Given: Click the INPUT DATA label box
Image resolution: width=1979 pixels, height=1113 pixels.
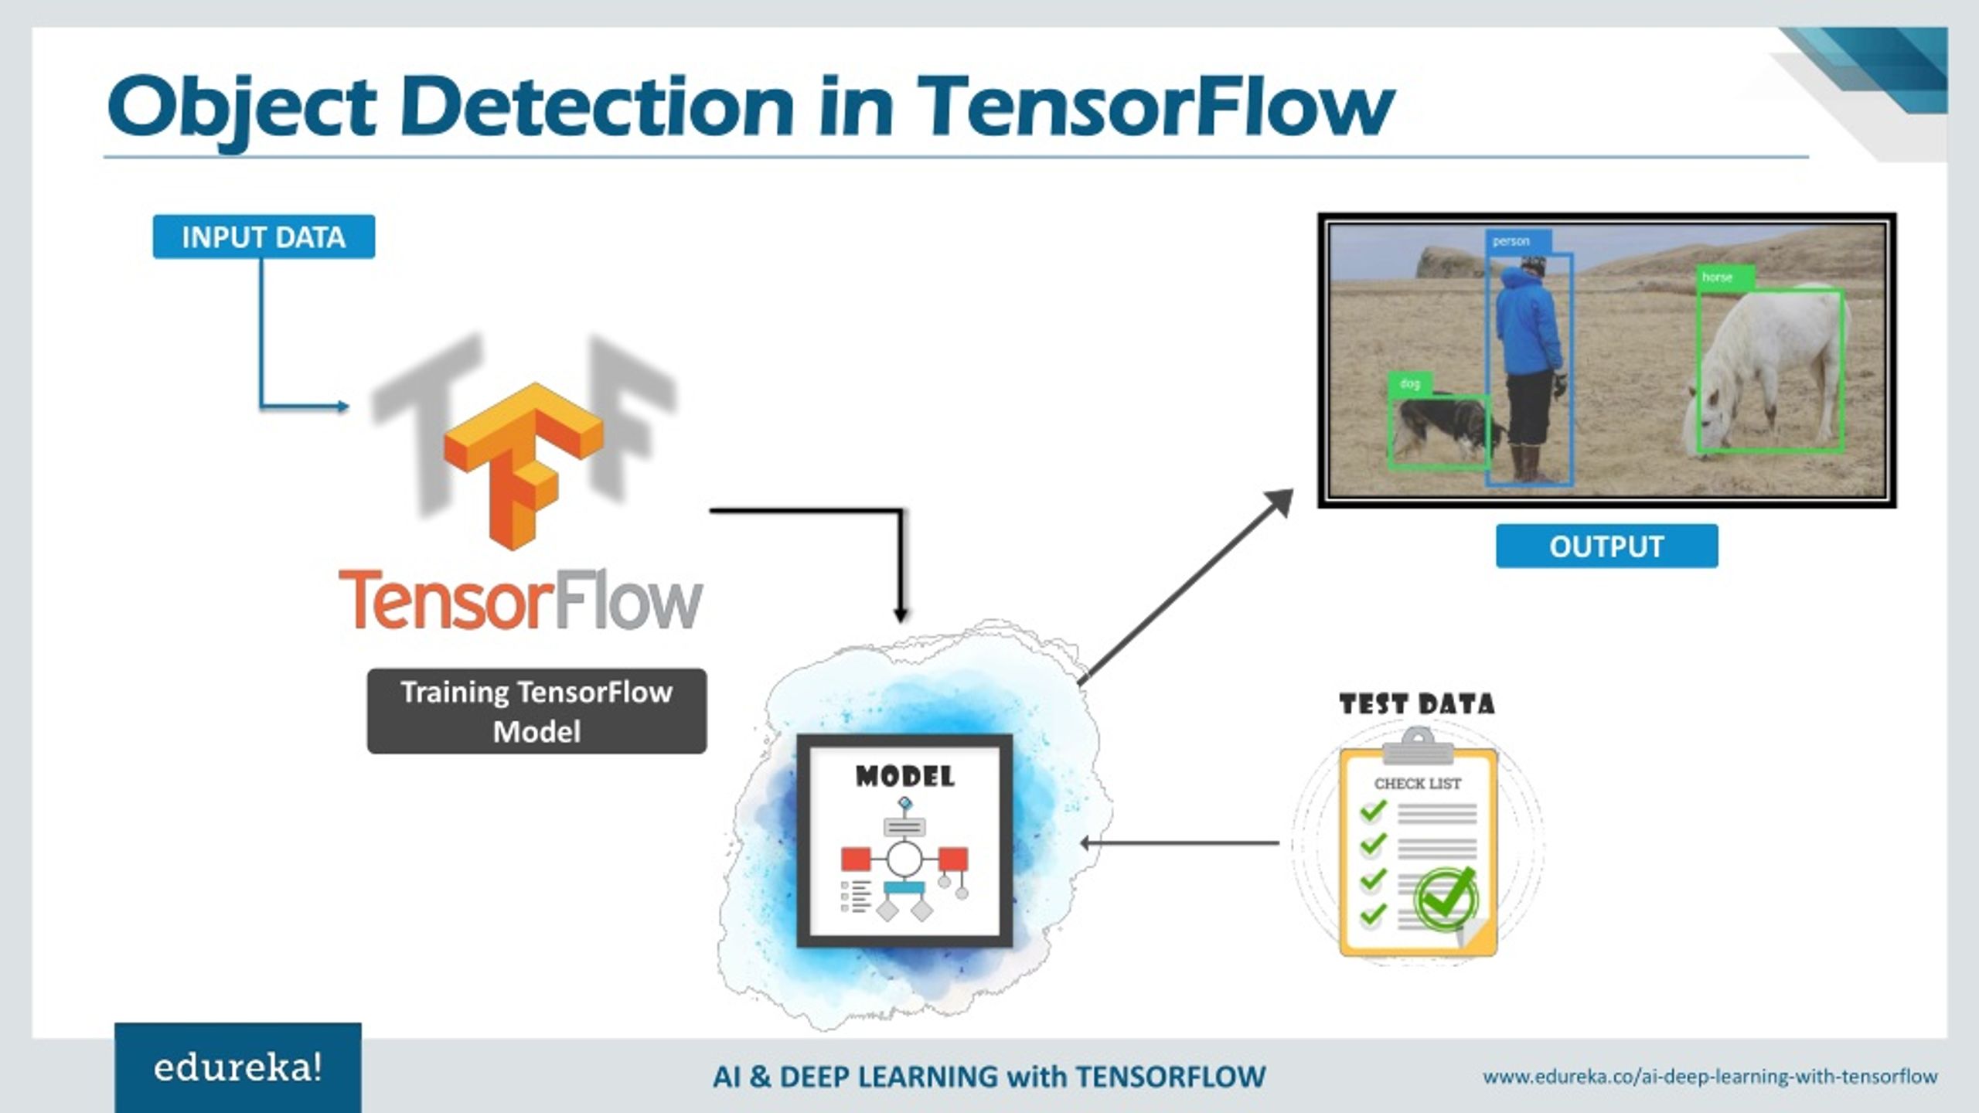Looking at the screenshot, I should click(x=264, y=237).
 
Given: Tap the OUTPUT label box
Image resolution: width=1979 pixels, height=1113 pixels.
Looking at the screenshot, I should click(x=1606, y=546).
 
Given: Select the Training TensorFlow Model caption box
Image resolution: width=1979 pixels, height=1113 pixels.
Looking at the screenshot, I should click(x=536, y=711).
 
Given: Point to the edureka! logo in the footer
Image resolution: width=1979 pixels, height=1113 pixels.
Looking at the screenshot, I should click(x=238, y=1068).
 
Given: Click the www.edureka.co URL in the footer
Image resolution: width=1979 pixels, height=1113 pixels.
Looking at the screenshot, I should click(x=1709, y=1076).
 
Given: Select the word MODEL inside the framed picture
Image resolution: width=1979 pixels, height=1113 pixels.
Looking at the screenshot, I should click(x=904, y=777).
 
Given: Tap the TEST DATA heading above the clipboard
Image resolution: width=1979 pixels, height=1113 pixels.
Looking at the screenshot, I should click(x=1417, y=704).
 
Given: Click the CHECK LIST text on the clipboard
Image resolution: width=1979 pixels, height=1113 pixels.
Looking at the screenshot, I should click(x=1417, y=784).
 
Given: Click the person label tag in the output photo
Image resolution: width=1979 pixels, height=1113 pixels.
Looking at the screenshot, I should click(x=1511, y=241).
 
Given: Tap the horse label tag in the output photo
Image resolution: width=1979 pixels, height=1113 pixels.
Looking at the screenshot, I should click(x=1718, y=277).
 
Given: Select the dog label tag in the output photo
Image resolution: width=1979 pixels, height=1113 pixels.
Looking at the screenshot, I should click(x=1409, y=383).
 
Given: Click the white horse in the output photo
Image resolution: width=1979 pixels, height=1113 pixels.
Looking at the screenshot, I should click(x=1770, y=363).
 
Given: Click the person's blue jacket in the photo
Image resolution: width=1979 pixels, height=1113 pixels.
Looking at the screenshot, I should click(x=1527, y=325).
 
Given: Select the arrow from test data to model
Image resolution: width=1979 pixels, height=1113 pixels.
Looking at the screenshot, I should click(x=1179, y=843).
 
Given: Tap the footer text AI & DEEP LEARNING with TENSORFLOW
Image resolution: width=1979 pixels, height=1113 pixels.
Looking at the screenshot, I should click(x=989, y=1077).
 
